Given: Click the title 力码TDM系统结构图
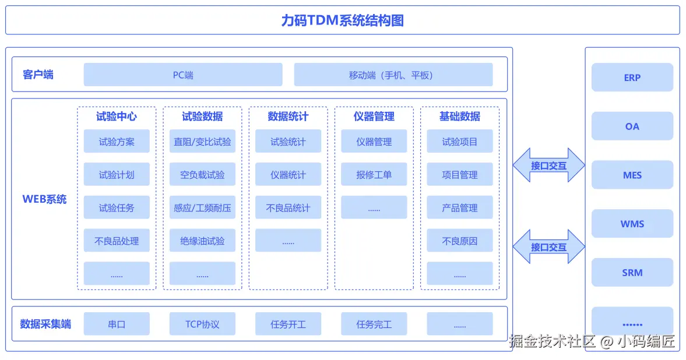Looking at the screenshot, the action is tap(342, 20).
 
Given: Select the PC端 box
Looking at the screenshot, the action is tap(183, 75).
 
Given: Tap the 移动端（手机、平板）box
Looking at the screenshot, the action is tap(393, 75).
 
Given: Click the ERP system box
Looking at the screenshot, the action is tap(632, 77).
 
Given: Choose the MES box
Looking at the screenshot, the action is tap(632, 175).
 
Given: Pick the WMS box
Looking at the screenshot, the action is tap(632, 224).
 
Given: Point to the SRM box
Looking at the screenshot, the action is tap(632, 273).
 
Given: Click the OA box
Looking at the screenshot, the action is tap(632, 126).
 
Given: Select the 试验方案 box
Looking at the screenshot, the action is tap(117, 142).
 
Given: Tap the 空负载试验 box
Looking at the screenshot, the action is tap(202, 175).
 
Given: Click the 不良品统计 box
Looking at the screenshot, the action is tap(288, 207).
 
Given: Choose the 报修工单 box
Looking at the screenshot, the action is tap(374, 175).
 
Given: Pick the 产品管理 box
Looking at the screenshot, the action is tap(459, 207).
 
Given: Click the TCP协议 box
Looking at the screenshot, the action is tap(202, 324).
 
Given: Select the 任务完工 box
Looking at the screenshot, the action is tap(374, 324).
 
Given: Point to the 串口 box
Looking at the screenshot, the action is tap(117, 324).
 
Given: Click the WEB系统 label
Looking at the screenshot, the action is tap(44, 199).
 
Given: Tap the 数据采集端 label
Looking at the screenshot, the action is tap(45, 324).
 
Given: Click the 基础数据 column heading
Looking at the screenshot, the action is tap(459, 116).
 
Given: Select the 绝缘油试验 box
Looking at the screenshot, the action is tap(202, 241).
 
